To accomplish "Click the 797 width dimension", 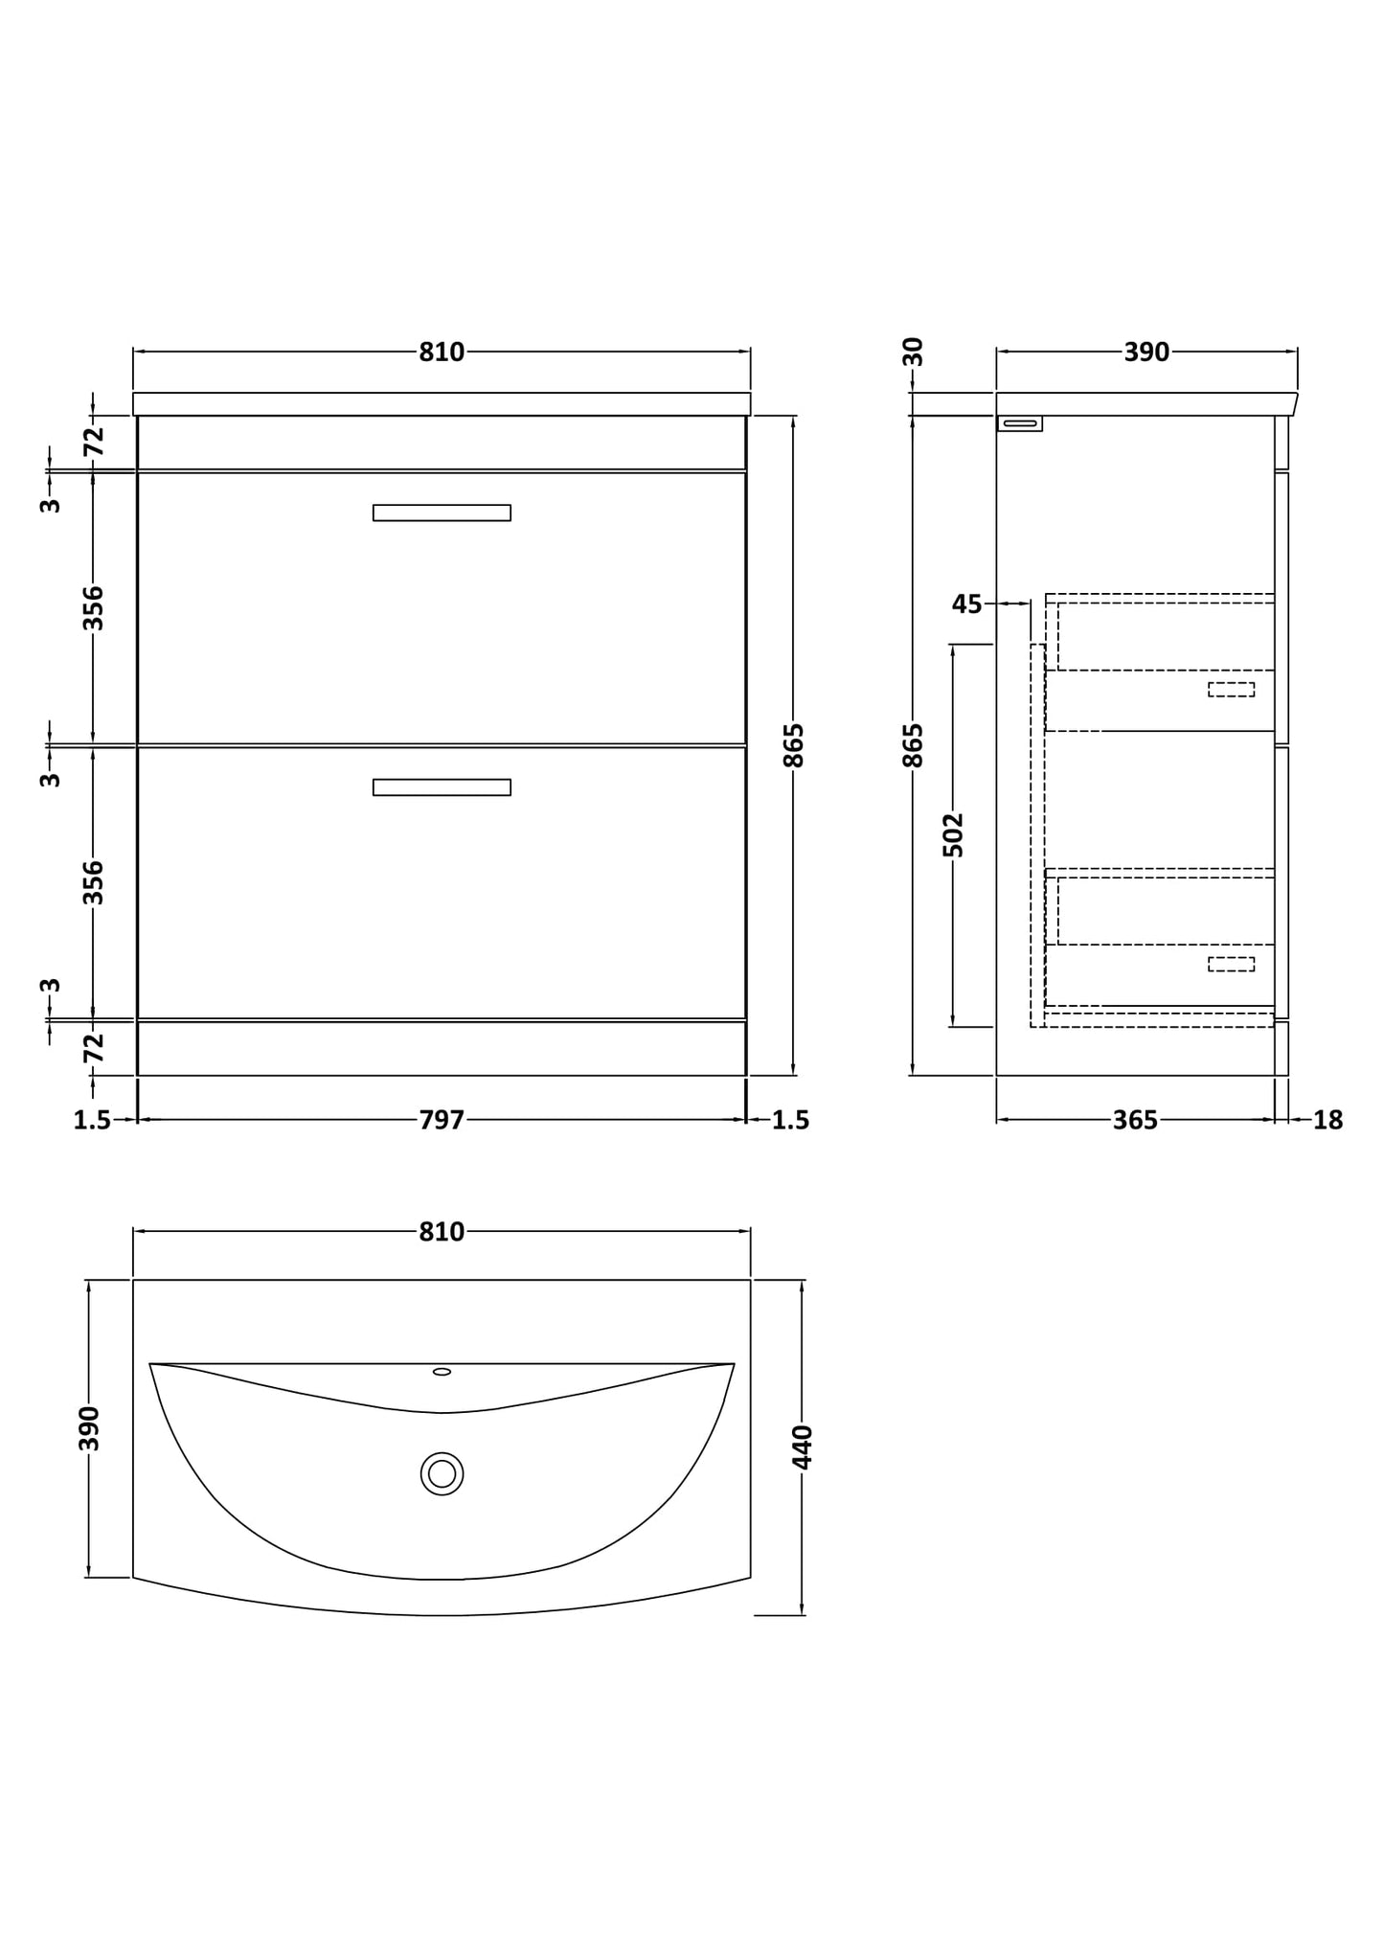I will click(x=442, y=1119).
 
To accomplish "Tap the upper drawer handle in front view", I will click(x=442, y=513).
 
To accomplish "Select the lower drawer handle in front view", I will click(x=442, y=787).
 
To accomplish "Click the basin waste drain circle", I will click(x=442, y=1473).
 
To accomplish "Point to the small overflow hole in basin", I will click(x=442, y=1372).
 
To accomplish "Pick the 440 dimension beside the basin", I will click(x=803, y=1446).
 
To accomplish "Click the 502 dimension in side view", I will click(x=953, y=834).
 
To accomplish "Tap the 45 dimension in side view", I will click(x=966, y=604).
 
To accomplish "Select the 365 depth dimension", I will click(x=1135, y=1119).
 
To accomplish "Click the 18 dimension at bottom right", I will click(x=1327, y=1119).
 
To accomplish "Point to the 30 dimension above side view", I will click(x=914, y=352).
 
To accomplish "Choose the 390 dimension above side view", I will click(x=1146, y=353).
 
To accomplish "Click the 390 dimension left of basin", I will click(x=89, y=1428).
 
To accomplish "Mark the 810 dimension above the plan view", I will click(x=442, y=1232).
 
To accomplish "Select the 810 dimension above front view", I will click(x=442, y=353).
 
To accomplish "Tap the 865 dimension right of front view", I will click(x=794, y=745).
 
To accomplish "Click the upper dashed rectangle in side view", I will click(x=1231, y=689).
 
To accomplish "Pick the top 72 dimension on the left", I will click(x=93, y=442).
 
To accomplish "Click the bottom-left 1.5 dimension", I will click(x=93, y=1119).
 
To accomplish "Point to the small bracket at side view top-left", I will click(x=1020, y=423).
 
